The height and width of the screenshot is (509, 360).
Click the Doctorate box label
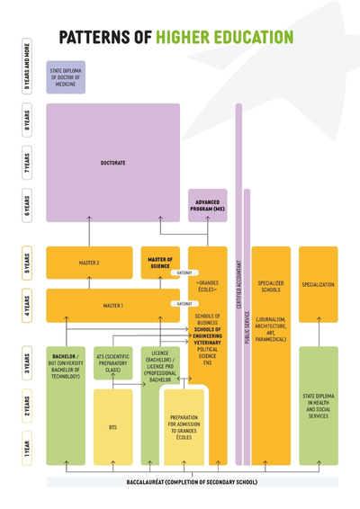point(112,164)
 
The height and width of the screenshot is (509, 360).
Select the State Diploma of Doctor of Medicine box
point(66,77)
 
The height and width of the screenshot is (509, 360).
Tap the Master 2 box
point(88,263)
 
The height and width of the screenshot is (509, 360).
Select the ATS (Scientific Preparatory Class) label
point(112,362)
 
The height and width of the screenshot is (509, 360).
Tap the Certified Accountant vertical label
point(238,288)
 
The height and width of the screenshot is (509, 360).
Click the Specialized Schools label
point(271,286)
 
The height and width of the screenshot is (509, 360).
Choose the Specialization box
point(319,284)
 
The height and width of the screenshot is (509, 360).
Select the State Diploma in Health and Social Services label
point(319,405)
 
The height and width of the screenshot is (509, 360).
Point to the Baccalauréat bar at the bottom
point(192,482)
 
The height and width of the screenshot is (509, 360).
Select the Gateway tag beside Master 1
point(184,304)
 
